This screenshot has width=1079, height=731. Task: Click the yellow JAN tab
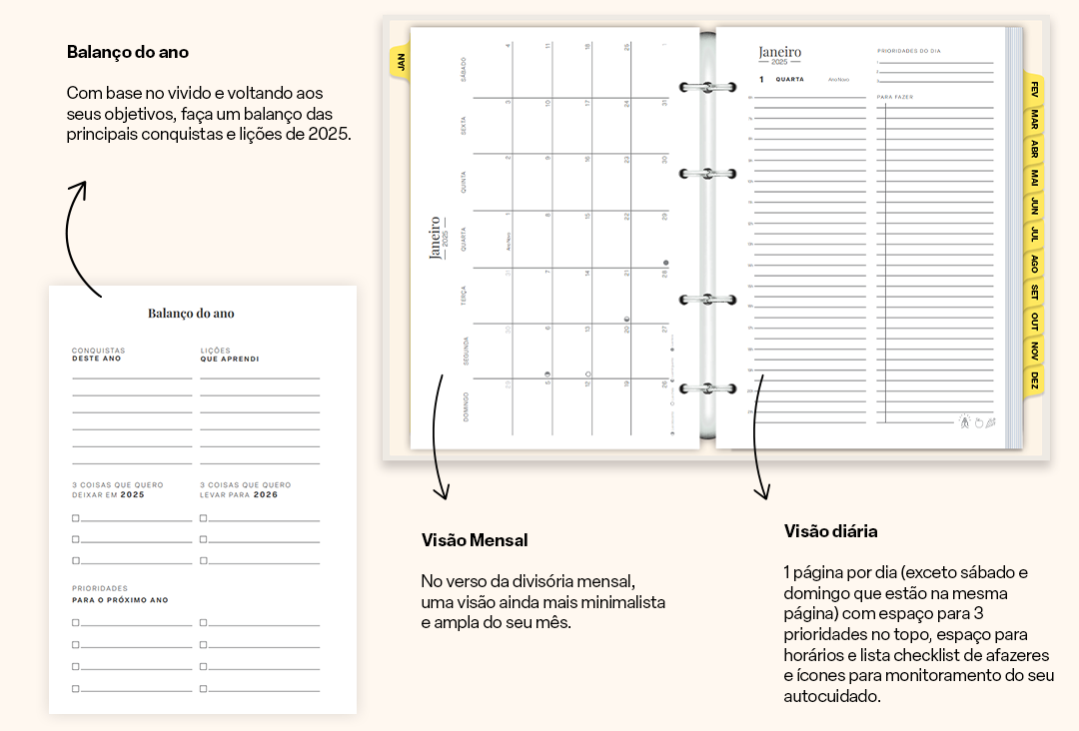pos(400,62)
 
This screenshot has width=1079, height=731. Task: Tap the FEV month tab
pos(1035,88)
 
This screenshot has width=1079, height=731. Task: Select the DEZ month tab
pos(1035,380)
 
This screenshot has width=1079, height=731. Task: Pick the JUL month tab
pos(1035,235)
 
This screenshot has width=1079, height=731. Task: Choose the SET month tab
pos(1035,293)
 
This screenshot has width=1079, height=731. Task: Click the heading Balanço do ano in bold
pos(127,52)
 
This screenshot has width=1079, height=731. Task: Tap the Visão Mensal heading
pos(475,540)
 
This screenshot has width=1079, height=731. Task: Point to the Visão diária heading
pos(830,531)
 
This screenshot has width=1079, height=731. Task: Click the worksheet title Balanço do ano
pos(191,314)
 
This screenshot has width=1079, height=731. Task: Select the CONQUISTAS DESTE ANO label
pos(98,355)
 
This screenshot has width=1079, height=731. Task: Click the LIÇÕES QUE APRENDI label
pos(229,355)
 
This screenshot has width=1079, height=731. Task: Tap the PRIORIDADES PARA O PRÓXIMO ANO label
pos(120,594)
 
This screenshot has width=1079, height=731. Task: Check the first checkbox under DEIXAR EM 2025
pos(76,518)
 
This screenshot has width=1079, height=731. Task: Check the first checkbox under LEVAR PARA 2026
pos(203,518)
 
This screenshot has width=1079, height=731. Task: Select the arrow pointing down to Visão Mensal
pos(438,439)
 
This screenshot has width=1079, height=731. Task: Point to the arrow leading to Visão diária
pos(758,439)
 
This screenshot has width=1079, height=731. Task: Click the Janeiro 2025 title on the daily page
pos(779,54)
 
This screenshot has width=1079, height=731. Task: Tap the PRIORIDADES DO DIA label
pos(909,50)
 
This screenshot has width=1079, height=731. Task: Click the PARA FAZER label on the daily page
pos(895,97)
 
